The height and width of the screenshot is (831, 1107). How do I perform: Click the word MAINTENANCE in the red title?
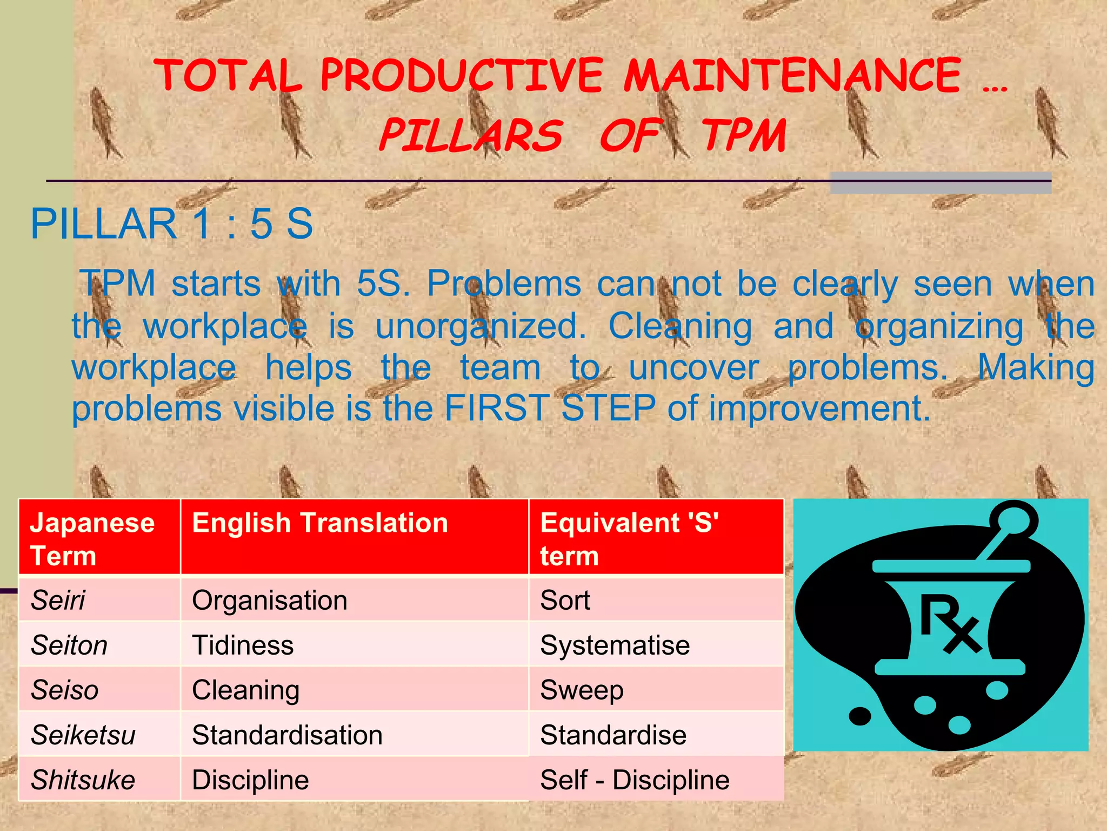click(x=792, y=76)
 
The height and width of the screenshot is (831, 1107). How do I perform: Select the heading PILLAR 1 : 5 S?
click(x=171, y=223)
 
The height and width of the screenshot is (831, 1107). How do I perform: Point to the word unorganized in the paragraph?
click(x=481, y=327)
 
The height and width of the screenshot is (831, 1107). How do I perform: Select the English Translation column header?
click(x=320, y=523)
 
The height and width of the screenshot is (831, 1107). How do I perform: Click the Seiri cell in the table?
click(x=58, y=600)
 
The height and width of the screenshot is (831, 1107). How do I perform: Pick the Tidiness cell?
click(x=243, y=645)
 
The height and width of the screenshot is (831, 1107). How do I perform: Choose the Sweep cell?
click(x=582, y=690)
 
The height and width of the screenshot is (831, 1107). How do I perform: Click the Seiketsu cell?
click(x=83, y=735)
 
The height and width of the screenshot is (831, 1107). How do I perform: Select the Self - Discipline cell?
click(x=635, y=780)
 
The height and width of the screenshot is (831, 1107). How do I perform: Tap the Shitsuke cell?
click(x=83, y=780)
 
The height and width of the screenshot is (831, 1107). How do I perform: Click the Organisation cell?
click(x=269, y=600)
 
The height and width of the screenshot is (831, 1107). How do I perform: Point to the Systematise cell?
click(x=615, y=645)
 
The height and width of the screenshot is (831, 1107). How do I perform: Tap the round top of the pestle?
click(x=1013, y=519)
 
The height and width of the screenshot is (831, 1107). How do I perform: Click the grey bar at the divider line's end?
click(x=941, y=183)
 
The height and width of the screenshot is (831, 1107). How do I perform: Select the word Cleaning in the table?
click(x=245, y=690)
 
